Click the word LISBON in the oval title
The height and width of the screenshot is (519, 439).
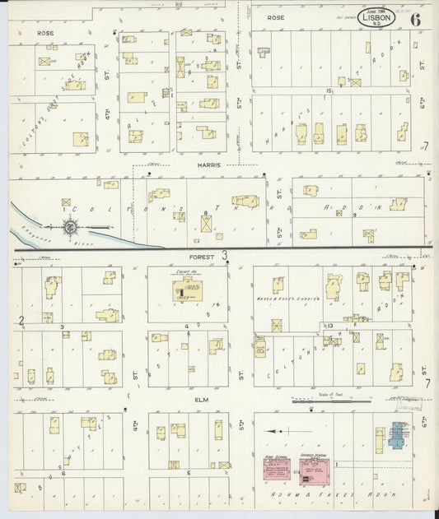coord(376,16)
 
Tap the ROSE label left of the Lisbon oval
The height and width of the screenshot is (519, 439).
coord(275,16)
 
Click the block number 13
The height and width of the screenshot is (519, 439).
coord(329,327)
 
